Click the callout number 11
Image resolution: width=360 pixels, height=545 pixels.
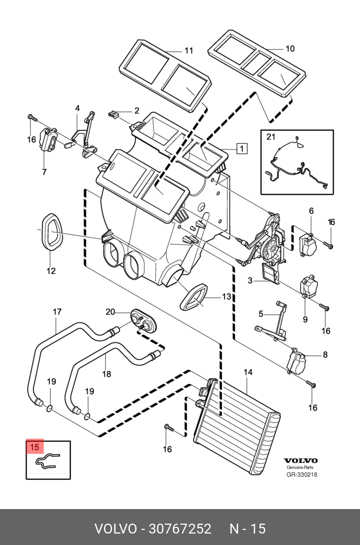189,51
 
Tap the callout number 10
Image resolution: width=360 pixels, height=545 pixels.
290,48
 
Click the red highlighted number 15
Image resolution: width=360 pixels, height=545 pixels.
34,447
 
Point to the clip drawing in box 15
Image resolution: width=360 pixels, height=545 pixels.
47,461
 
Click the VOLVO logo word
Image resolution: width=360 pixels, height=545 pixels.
301,461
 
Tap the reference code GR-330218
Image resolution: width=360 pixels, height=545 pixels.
302,475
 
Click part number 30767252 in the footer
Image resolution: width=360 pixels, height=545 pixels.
180,529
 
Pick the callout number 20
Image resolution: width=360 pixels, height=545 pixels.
110,312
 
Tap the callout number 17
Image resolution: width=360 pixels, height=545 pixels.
57,312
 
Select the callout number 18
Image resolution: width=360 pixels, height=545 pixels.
106,373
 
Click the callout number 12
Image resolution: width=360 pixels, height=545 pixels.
51,271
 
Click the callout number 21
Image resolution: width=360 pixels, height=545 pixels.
270,137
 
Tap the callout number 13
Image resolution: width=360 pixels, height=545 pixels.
226,296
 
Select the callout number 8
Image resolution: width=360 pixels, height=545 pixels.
325,355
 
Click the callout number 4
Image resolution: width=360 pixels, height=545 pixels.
77,108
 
